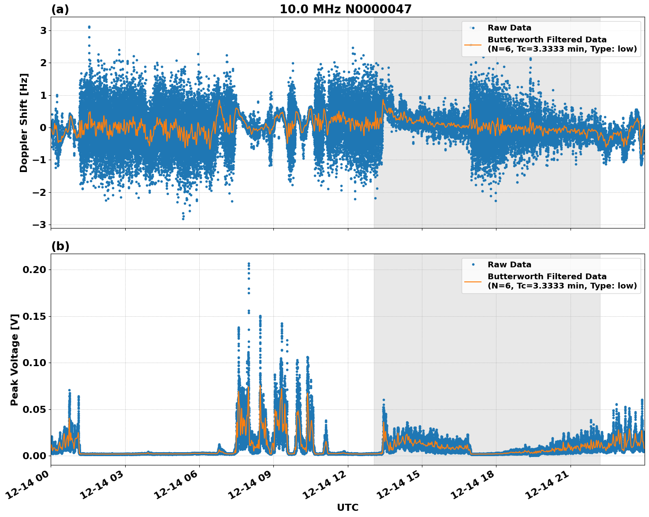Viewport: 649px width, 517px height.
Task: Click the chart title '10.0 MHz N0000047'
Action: (x=345, y=9)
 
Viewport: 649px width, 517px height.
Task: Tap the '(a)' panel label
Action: (x=60, y=9)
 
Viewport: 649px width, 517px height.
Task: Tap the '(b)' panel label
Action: (x=60, y=246)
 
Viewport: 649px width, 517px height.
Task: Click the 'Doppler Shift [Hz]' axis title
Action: (x=24, y=123)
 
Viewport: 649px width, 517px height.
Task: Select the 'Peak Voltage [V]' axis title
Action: (x=15, y=360)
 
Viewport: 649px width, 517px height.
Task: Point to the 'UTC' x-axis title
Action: (x=347, y=507)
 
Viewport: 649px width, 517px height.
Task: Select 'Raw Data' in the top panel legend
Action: (x=509, y=28)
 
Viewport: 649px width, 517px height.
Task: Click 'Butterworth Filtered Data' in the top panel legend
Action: (x=547, y=40)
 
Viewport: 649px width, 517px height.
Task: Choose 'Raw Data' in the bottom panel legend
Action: (x=509, y=265)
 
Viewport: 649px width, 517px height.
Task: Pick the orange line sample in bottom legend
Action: (x=473, y=281)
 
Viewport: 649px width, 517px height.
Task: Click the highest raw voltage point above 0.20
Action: (x=249, y=264)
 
